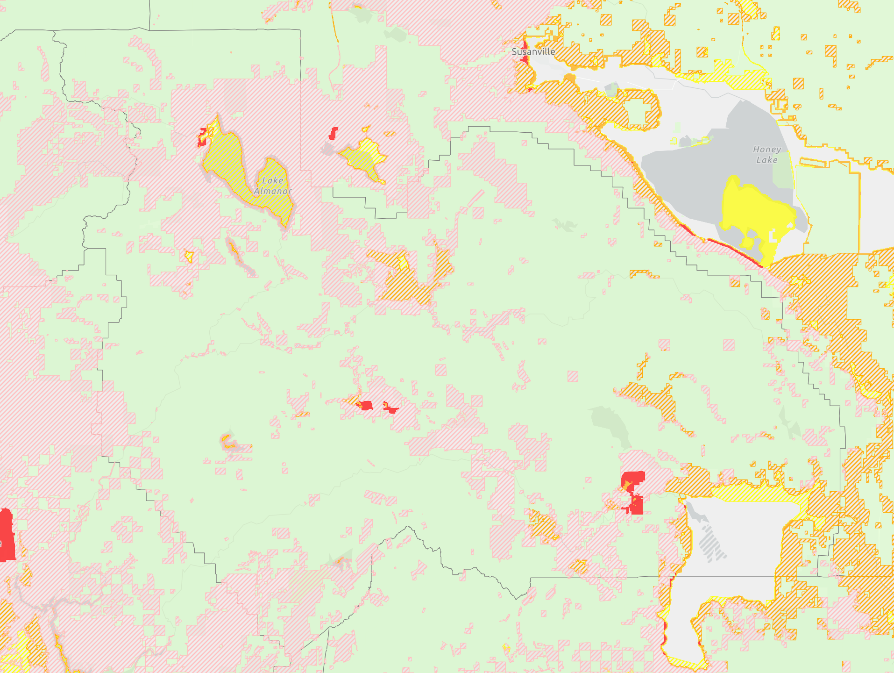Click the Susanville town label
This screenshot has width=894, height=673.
[x=533, y=52]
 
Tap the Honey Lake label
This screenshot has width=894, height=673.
[x=766, y=155]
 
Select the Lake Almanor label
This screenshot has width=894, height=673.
[x=273, y=186]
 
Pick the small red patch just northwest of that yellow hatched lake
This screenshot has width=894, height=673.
[x=333, y=133]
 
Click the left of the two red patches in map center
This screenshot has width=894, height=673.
[x=366, y=405]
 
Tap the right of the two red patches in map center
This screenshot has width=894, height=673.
[x=390, y=408]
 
